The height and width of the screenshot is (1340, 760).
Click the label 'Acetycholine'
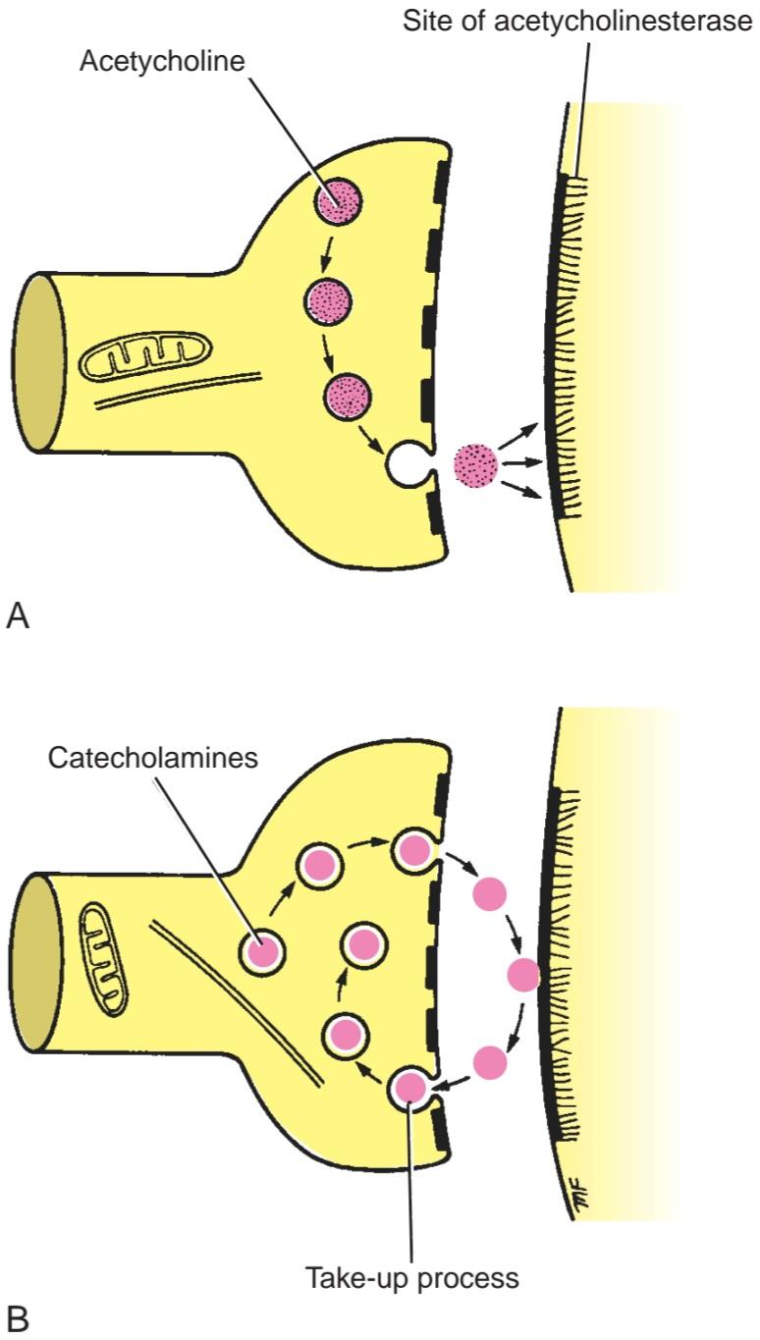[162, 62]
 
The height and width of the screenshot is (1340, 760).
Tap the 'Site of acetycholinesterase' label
[577, 22]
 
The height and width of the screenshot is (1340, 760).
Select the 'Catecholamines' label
[153, 758]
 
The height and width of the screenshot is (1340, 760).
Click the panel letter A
[18, 616]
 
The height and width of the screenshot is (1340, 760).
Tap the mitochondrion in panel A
[146, 356]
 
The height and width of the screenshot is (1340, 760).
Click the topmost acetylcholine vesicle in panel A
[339, 201]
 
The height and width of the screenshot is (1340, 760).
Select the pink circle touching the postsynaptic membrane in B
[523, 975]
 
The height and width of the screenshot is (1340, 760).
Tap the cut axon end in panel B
[37, 962]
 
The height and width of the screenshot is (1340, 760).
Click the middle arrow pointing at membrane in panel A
[522, 462]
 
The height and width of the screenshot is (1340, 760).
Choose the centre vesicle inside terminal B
[363, 945]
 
